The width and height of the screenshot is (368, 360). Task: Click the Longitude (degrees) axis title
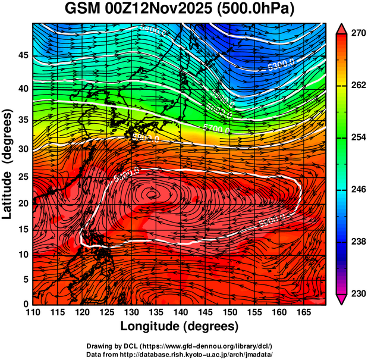pos(180,326)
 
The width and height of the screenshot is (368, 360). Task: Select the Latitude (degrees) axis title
pos(8,164)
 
